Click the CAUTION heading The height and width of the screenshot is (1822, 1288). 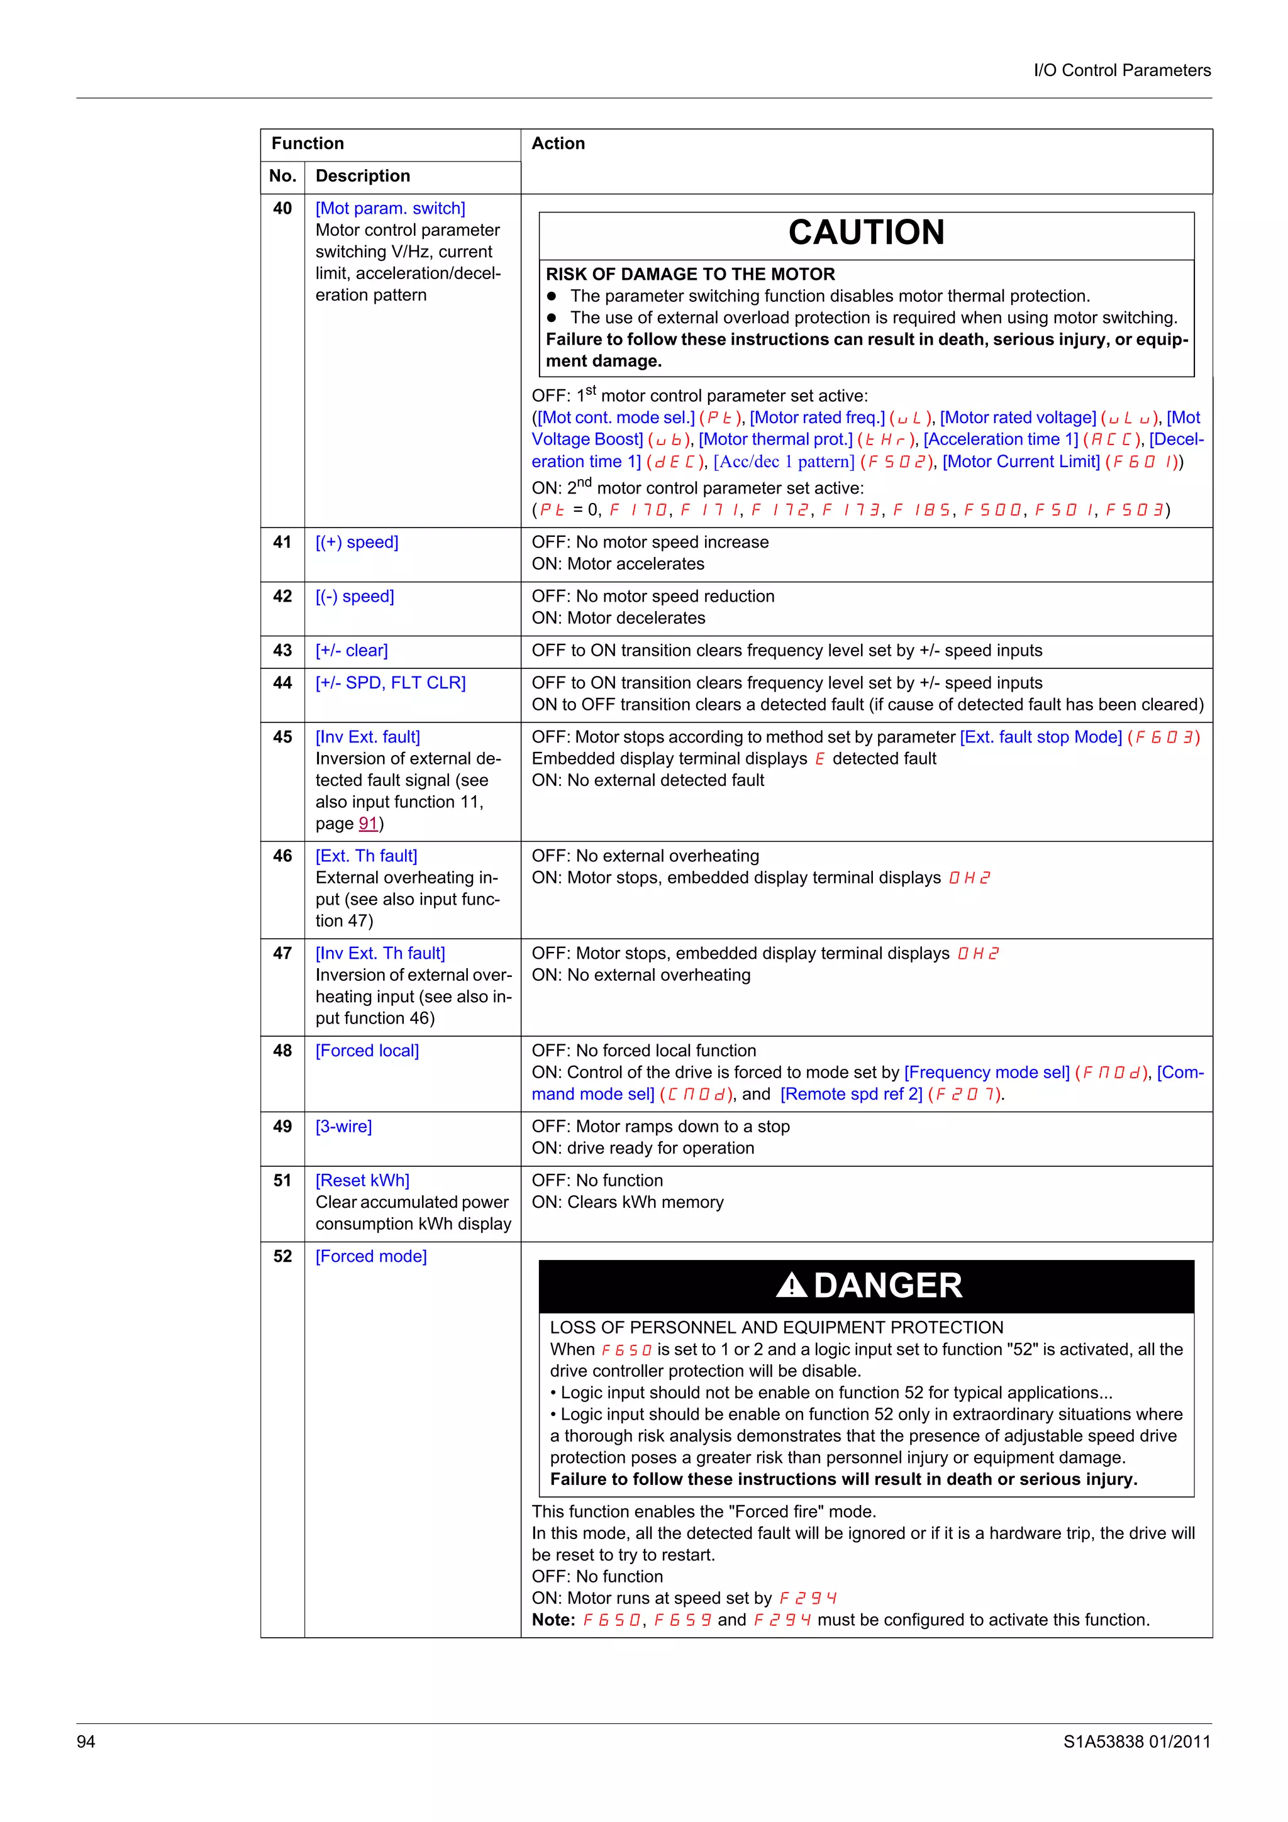(866, 233)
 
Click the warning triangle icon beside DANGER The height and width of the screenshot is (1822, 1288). (791, 1284)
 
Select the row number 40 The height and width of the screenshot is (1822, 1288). (282, 209)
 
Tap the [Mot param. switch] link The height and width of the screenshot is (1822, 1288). (390, 209)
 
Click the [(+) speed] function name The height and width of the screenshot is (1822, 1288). (357, 543)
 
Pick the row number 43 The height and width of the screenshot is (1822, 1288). (282, 651)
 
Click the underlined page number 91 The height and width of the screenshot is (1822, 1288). (367, 824)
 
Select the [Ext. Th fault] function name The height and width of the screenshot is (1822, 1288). (366, 856)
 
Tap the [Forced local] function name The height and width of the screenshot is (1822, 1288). (367, 1051)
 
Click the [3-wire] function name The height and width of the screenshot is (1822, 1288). (343, 1127)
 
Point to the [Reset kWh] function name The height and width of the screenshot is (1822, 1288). (362, 1181)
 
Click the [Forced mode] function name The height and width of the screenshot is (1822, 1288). (370, 1257)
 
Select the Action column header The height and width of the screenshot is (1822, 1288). (558, 143)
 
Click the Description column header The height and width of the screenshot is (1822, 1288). (363, 176)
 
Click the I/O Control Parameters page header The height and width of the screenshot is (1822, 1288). (1121, 70)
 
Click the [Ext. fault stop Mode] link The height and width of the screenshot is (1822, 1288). (1040, 737)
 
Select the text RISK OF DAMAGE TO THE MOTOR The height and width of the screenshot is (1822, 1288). (690, 275)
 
